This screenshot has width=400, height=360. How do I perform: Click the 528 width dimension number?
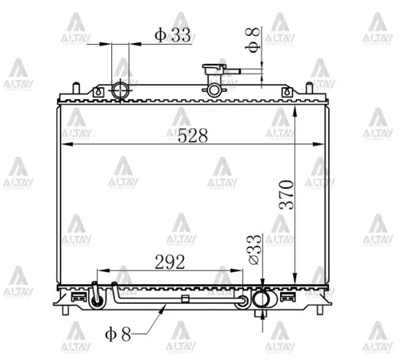point(193,135)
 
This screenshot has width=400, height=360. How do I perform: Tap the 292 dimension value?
point(170,262)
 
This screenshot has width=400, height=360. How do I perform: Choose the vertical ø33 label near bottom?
point(254,249)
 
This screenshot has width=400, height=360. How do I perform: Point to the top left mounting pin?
point(76,86)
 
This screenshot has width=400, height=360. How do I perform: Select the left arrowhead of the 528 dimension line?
point(66,145)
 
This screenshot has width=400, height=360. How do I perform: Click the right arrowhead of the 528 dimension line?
point(325,145)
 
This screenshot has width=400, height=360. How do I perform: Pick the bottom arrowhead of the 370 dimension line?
point(297,273)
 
